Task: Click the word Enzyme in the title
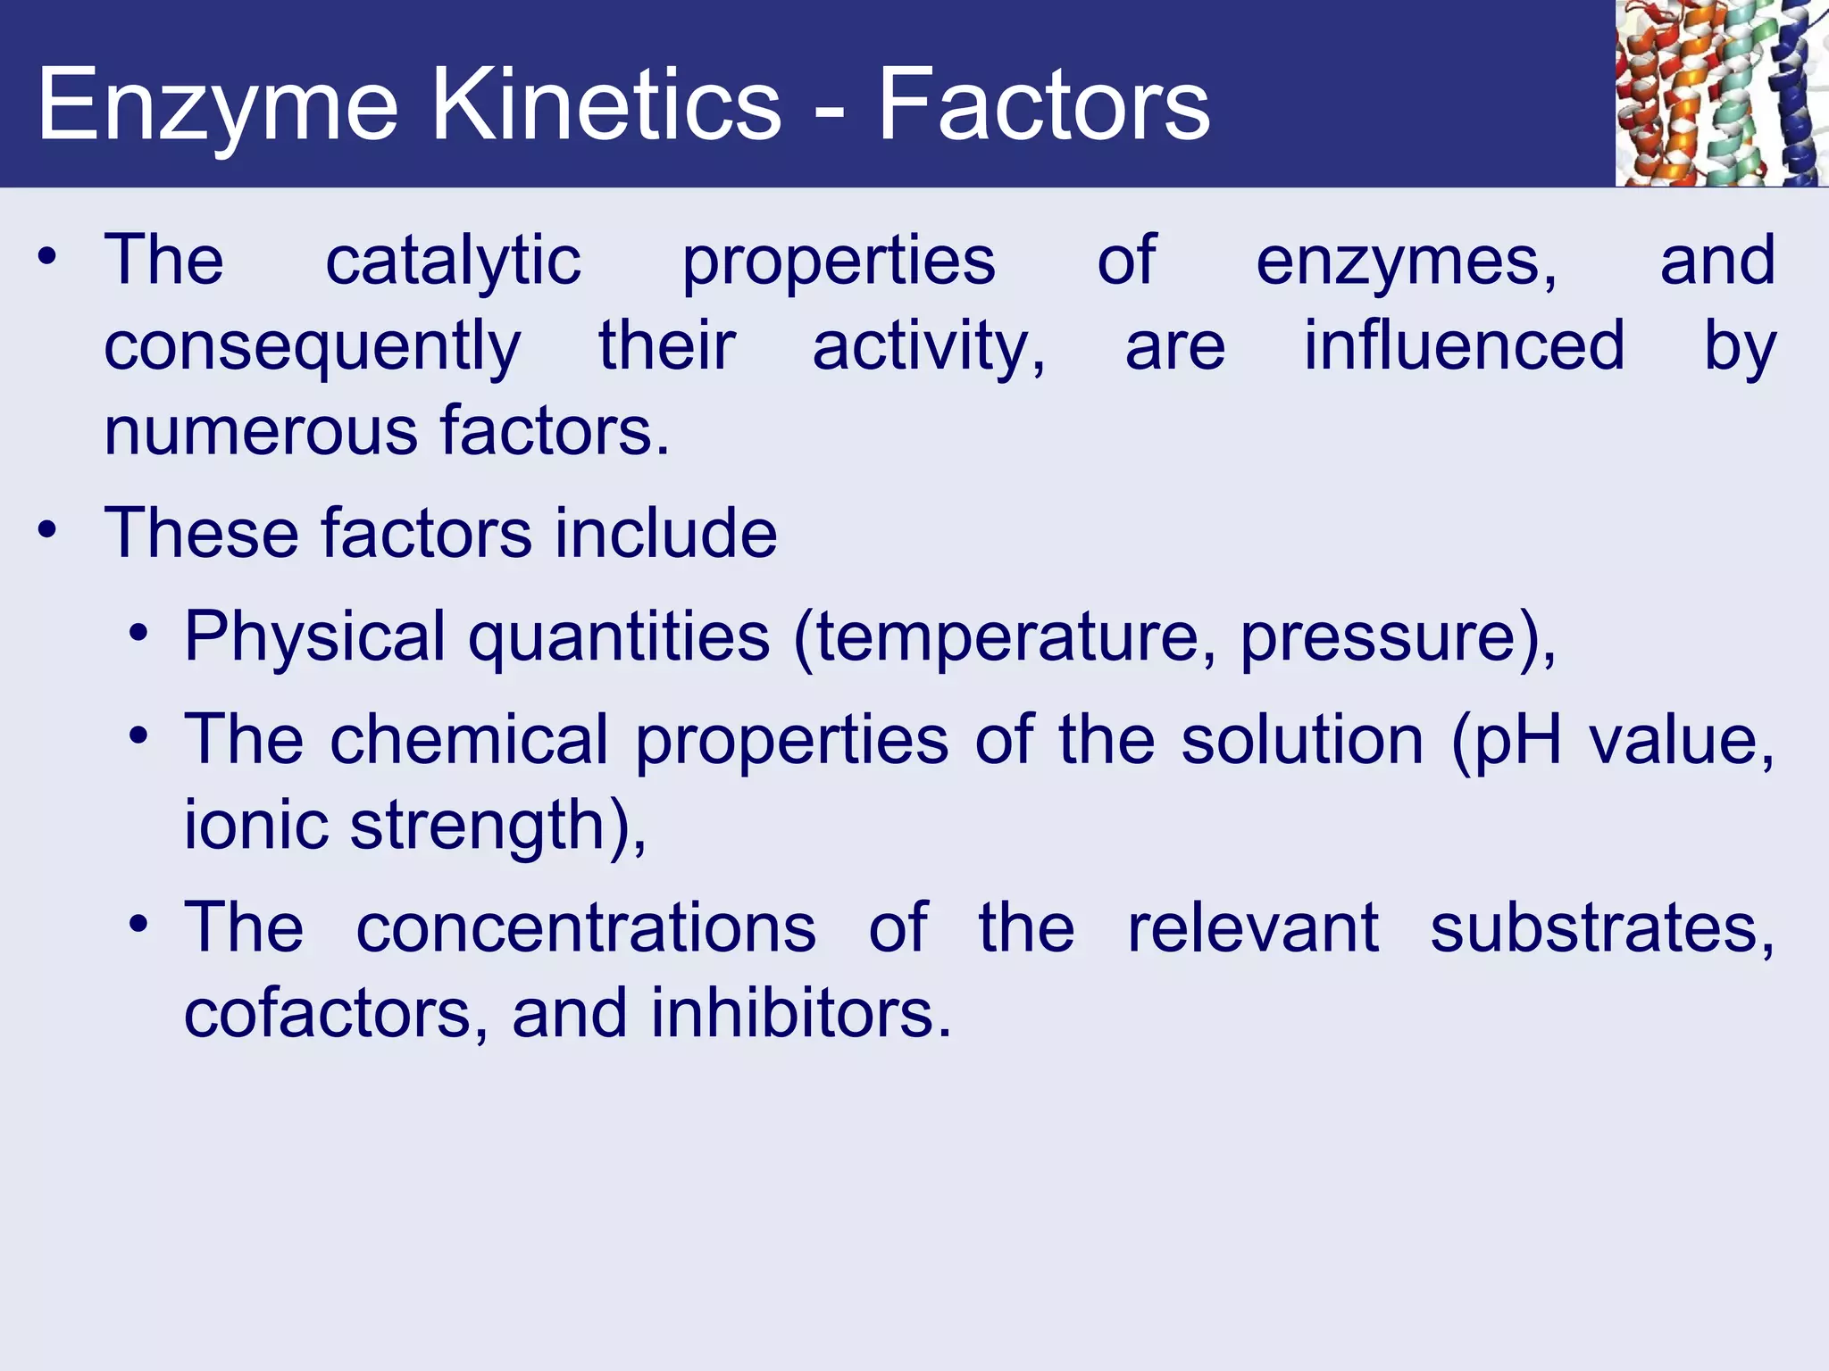point(217,107)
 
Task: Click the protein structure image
point(1721,93)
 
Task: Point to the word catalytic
point(453,261)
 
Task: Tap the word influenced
point(1464,346)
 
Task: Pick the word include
point(665,533)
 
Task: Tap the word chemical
point(469,740)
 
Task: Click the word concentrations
point(586,928)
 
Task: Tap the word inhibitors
point(799,1014)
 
